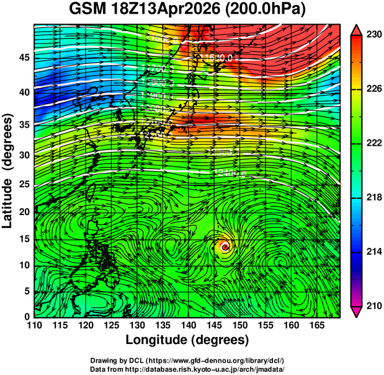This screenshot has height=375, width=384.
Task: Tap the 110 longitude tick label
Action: pyautogui.click(x=34, y=325)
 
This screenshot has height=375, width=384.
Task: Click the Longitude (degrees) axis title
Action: pyautogui.click(x=187, y=340)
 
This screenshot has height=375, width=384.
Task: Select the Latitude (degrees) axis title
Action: pyautogui.click(x=9, y=170)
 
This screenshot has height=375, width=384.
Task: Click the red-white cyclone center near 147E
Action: pyautogui.click(x=225, y=247)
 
